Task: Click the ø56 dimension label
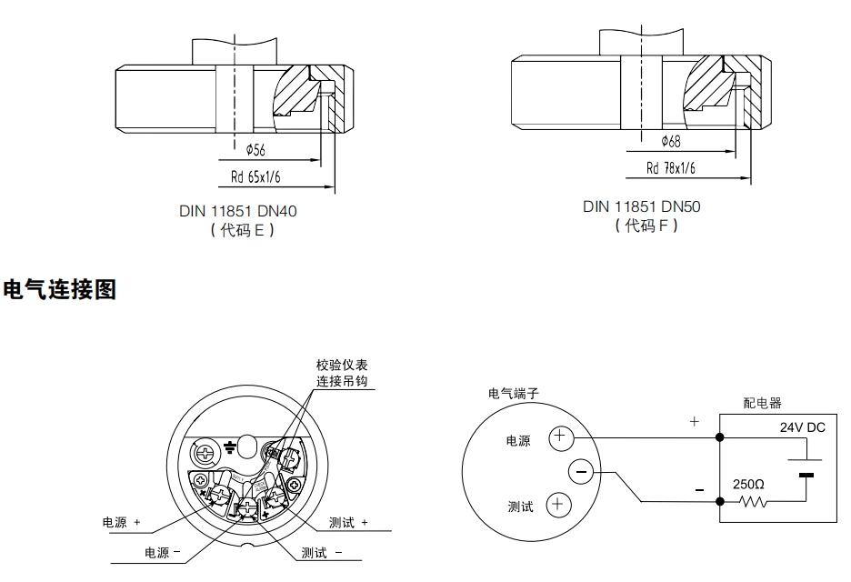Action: [255, 149]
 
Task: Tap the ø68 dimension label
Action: [671, 141]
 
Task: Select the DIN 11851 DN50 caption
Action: [642, 206]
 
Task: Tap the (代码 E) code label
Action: [238, 230]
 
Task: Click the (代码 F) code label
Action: [642, 225]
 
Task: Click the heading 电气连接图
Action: [60, 290]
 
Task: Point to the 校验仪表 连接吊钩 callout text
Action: [344, 373]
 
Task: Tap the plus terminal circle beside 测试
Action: [558, 506]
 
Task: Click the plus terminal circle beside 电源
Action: [558, 439]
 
